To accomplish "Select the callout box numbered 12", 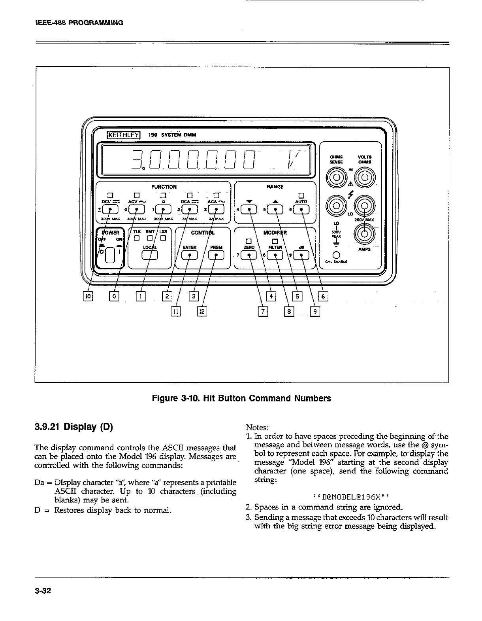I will [x=202, y=312].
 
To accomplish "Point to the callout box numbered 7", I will [x=263, y=312].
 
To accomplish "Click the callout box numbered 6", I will [x=323, y=296].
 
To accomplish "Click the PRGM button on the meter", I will [x=216, y=256].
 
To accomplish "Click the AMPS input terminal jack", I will [x=363, y=232].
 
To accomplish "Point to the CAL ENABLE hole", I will [x=337, y=254].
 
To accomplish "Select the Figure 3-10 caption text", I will [x=241, y=398].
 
